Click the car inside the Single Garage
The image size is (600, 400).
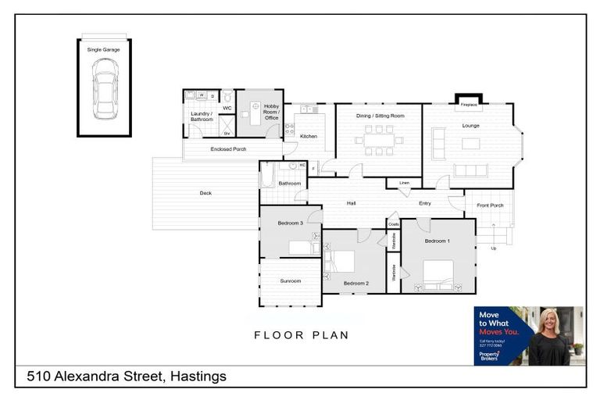(105, 89)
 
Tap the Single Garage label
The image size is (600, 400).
(104, 49)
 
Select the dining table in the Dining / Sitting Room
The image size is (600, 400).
(380, 141)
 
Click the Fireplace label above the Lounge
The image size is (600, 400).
(469, 104)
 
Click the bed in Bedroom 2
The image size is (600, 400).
(341, 262)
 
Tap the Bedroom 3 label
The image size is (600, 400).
(290, 223)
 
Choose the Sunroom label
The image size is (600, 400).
(290, 280)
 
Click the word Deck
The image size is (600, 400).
(205, 193)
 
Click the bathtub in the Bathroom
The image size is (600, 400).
(267, 175)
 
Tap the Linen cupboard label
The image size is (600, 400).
(404, 183)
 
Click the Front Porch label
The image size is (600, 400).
(490, 205)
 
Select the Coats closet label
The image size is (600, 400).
(394, 224)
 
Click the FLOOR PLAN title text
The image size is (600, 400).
(301, 335)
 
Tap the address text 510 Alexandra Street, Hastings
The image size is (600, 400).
(127, 377)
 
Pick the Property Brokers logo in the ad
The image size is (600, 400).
(489, 355)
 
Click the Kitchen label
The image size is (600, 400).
(309, 137)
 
